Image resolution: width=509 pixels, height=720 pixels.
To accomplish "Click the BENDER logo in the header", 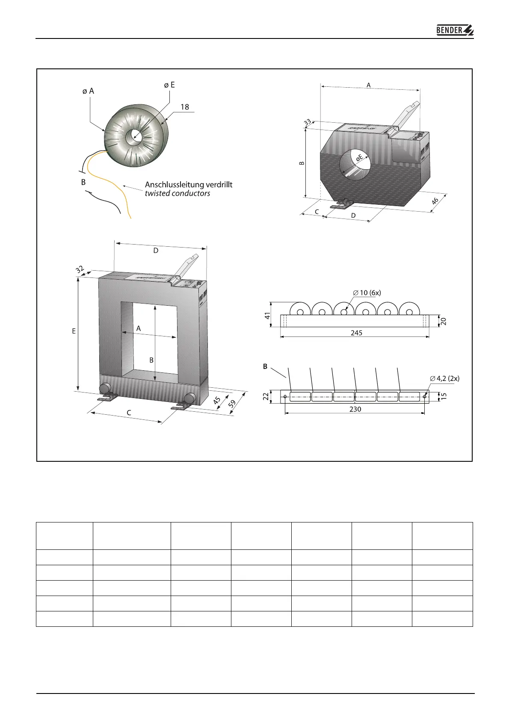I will click(x=455, y=30).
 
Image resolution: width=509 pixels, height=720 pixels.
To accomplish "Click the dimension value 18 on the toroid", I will click(x=184, y=107).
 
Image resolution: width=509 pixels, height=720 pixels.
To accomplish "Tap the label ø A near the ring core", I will click(x=88, y=91).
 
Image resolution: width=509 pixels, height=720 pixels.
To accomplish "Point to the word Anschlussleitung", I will click(x=173, y=185).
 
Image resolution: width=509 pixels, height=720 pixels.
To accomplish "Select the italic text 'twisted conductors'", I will click(x=177, y=193).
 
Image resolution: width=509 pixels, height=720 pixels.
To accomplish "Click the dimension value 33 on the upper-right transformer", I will click(x=308, y=123).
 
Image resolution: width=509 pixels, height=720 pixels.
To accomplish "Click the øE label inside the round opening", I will click(x=359, y=158).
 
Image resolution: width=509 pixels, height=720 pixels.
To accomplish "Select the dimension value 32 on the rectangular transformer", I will click(x=80, y=270).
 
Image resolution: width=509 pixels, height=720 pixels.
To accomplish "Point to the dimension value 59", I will click(x=232, y=404).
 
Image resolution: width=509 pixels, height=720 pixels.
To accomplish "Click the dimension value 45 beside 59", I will click(x=217, y=401).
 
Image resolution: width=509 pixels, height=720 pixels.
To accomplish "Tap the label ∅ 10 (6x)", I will click(x=367, y=293).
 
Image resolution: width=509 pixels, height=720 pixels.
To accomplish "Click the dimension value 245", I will click(x=356, y=333).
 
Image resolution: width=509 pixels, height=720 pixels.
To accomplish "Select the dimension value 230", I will click(x=355, y=409).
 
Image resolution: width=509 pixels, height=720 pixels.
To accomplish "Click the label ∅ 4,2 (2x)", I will click(x=445, y=378).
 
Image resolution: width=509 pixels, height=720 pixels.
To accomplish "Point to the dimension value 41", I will click(x=268, y=316).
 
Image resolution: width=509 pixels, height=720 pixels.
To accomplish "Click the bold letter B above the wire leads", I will click(x=265, y=367).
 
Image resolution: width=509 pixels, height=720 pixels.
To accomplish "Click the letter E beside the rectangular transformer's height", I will click(x=74, y=331).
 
